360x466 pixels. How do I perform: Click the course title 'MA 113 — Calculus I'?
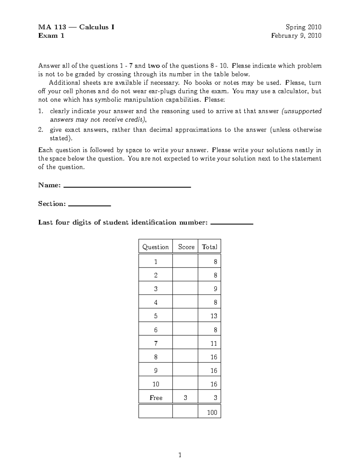pyautogui.click(x=76, y=27)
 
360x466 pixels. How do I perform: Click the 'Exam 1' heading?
pyautogui.click(x=51, y=36)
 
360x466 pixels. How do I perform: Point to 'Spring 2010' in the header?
pyautogui.click(x=303, y=27)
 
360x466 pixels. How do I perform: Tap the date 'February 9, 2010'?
pyautogui.click(x=296, y=36)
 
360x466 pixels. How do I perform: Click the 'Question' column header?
pyautogui.click(x=155, y=247)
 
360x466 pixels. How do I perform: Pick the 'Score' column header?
pyautogui.click(x=186, y=247)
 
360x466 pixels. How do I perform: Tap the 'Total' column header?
pyautogui.click(x=209, y=247)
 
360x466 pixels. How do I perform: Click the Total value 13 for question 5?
pyautogui.click(x=214, y=316)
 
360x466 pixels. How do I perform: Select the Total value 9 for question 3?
pyautogui.click(x=215, y=289)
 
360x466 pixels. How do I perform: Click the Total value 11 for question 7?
pyautogui.click(x=214, y=343)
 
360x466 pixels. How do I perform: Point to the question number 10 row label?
pyautogui.click(x=156, y=384)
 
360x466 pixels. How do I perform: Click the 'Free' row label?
pyautogui.click(x=156, y=398)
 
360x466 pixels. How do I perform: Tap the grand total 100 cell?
pyautogui.click(x=212, y=413)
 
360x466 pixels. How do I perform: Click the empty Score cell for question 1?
pyautogui.click(x=185, y=261)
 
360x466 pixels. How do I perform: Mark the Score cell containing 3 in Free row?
pyautogui.click(x=185, y=398)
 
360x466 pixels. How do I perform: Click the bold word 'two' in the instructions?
pyautogui.click(x=154, y=66)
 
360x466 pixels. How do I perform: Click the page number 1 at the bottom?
pyautogui.click(x=180, y=455)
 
